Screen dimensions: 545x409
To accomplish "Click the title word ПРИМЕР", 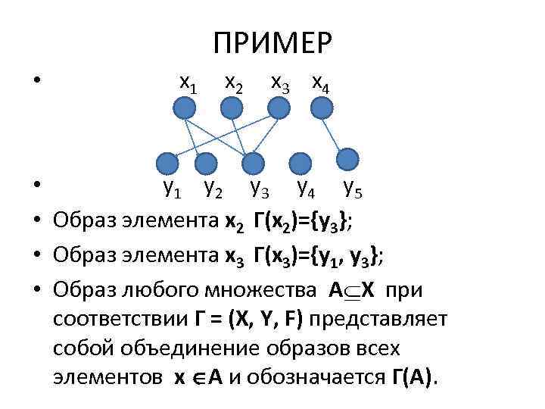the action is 272,43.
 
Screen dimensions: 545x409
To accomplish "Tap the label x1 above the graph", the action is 188,83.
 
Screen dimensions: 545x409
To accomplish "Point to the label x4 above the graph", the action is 320,83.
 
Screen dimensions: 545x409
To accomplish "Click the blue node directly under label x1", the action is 184,110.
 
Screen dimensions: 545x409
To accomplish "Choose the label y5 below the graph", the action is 352,187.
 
